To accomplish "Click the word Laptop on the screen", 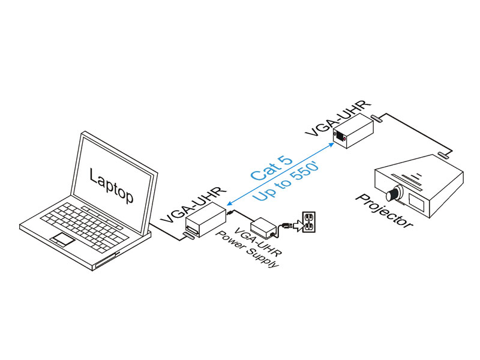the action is click(112, 185).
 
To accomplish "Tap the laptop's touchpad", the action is click(63, 239).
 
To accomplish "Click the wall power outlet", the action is click(309, 222).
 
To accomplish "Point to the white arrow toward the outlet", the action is click(297, 226).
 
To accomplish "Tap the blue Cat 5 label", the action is click(271, 169).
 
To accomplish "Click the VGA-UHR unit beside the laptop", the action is click(205, 220).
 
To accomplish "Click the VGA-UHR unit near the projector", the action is click(353, 132).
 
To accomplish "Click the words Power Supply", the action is click(247, 250).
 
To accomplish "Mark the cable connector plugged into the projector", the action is click(443, 155).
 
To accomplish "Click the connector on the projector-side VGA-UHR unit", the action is click(376, 119).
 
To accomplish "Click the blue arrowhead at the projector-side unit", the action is click(331, 145).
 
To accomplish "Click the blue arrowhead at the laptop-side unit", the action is click(230, 203).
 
